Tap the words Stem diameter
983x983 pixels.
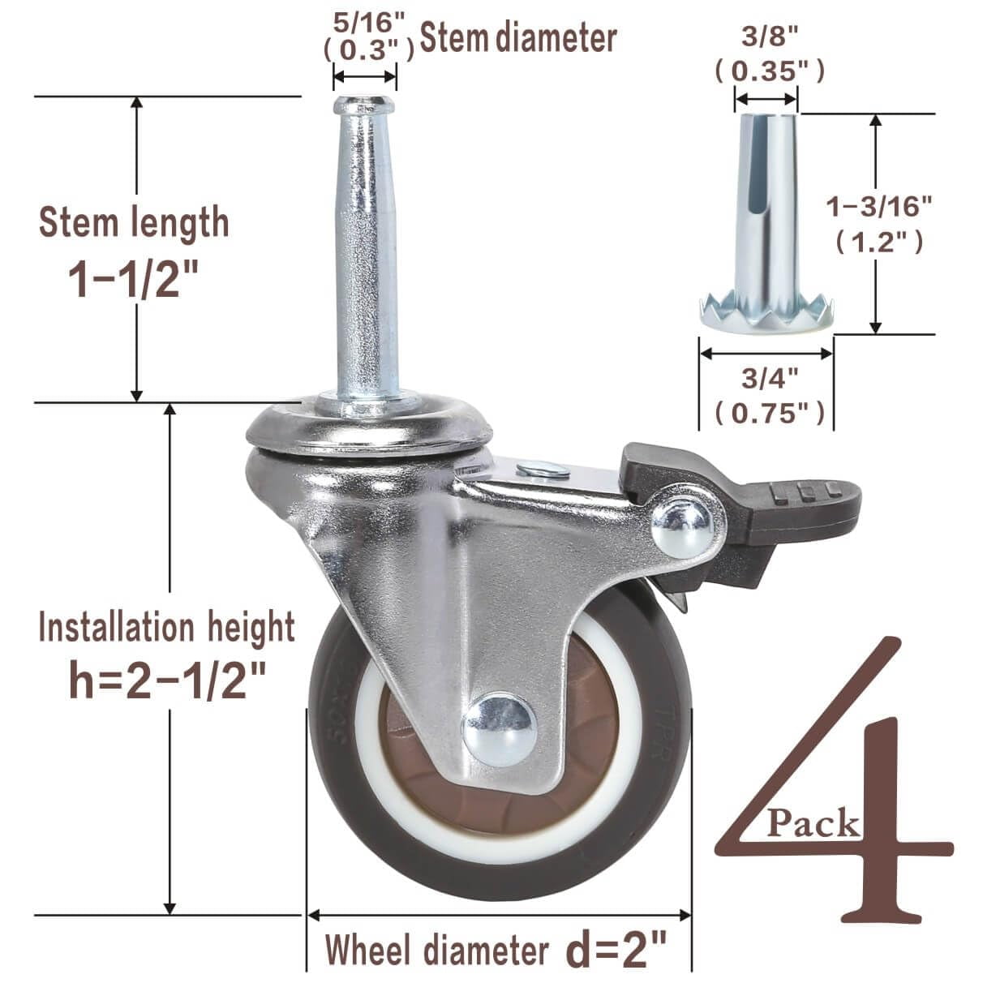519,38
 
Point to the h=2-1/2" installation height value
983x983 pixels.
167,679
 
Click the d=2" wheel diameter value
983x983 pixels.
616,949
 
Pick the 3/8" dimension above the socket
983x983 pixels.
768,37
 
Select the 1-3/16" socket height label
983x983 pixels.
875,208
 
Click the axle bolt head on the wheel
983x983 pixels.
499,728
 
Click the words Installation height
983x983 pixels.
167,629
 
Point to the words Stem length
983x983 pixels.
134,223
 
